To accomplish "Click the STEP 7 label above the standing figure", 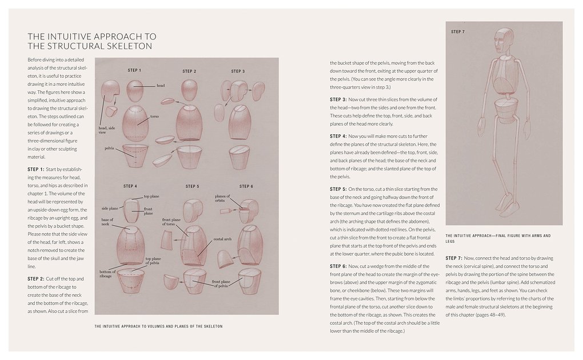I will (x=458, y=31).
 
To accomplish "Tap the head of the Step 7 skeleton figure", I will (x=502, y=42).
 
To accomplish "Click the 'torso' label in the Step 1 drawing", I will (x=154, y=116).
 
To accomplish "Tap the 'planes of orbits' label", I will (x=222, y=198).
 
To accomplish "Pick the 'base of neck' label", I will (x=107, y=221).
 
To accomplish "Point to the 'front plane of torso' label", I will (x=171, y=221).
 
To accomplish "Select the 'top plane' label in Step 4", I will (x=151, y=196).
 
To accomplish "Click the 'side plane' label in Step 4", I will (x=110, y=209).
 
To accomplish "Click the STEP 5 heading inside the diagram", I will (x=192, y=186).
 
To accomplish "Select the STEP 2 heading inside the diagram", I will (x=189, y=71).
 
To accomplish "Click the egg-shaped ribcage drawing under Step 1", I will (x=135, y=121).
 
